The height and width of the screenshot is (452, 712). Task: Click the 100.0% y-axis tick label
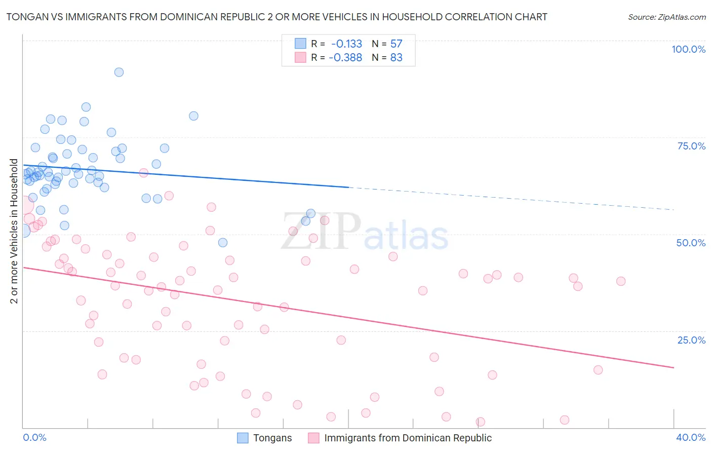[688, 49]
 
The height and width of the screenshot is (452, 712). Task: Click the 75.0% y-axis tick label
[691, 146]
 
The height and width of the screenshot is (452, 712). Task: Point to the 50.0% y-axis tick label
[691, 243]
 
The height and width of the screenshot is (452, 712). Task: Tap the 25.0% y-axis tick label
[691, 340]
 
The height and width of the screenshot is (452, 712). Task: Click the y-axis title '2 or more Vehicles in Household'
[14, 231]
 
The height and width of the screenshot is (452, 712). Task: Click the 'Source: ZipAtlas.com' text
[666, 17]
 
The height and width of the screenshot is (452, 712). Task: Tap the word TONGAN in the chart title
[26, 17]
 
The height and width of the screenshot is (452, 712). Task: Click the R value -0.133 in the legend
[346, 44]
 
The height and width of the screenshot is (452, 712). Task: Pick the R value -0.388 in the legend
[345, 58]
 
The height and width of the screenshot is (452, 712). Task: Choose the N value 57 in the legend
[396, 44]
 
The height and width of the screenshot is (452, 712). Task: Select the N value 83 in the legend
[396, 58]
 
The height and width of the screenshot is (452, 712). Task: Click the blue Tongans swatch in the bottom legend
[243, 438]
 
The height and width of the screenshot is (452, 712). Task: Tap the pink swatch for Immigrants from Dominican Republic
[314, 438]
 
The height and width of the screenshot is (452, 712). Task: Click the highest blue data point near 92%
[119, 72]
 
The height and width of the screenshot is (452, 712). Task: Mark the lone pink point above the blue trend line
[143, 173]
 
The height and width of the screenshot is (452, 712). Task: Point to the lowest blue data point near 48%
[223, 243]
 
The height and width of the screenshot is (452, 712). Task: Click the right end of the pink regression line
[674, 367]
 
